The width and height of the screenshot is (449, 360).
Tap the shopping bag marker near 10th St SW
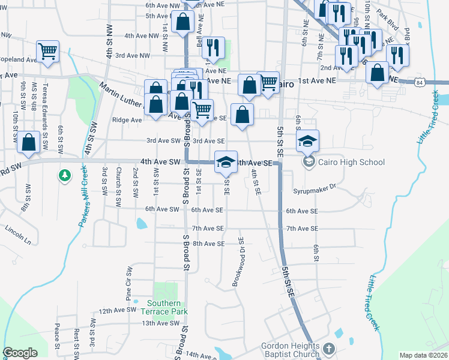point(28,142)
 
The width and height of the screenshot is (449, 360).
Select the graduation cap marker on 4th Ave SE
point(226,161)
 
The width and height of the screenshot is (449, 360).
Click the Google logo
point(20,353)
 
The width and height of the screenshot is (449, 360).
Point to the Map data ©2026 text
point(424,355)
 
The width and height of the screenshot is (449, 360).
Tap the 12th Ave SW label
point(118,311)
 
